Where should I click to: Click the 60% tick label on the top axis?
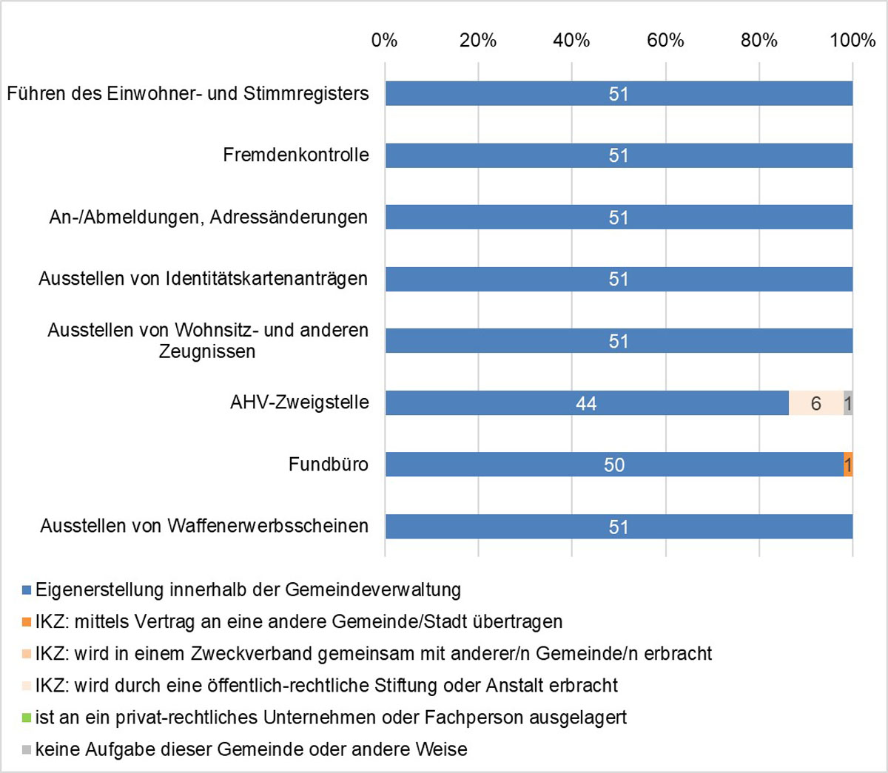[665, 40]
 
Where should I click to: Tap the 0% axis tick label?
[385, 40]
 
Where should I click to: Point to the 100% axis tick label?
[852, 40]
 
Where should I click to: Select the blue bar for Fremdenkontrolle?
[518, 155]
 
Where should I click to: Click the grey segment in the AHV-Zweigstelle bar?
[848, 403]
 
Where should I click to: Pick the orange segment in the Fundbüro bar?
[848, 465]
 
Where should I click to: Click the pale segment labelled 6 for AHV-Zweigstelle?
[815, 403]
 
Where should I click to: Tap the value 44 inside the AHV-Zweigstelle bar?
[586, 403]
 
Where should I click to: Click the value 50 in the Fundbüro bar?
[614, 465]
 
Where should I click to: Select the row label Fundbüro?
[329, 465]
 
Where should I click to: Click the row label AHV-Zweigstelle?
[300, 402]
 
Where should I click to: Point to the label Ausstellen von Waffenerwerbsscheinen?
[204, 526]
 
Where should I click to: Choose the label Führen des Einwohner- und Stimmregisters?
[188, 94]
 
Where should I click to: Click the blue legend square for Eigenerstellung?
[27, 590]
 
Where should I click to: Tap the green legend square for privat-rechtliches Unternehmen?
[27, 718]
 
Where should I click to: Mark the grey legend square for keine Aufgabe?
[27, 749]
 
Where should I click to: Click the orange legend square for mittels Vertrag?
[27, 622]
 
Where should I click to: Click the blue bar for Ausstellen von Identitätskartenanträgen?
[518, 279]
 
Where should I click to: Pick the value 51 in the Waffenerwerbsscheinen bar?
[619, 527]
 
